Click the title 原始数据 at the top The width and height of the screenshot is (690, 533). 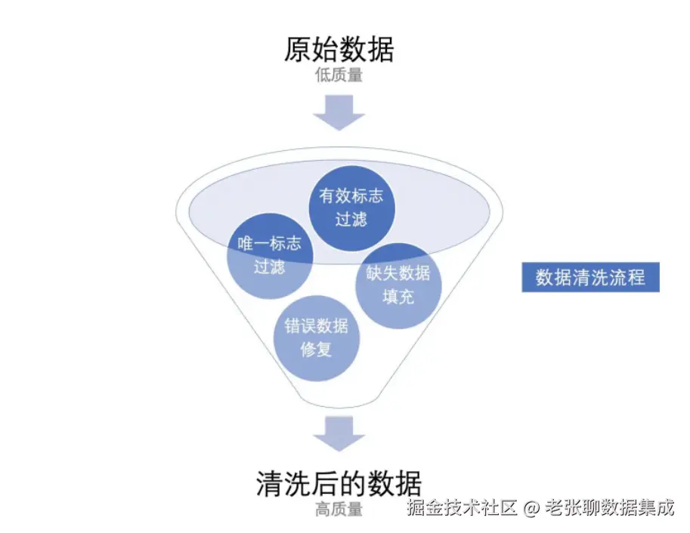pyautogui.click(x=339, y=51)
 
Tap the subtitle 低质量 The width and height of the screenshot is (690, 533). pyautogui.click(x=339, y=75)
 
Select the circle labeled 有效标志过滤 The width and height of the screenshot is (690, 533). pyautogui.click(x=351, y=207)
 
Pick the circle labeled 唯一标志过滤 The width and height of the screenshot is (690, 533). pyautogui.click(x=270, y=255)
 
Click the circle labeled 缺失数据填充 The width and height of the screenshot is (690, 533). pyautogui.click(x=398, y=285)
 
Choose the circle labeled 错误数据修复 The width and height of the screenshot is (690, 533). pyautogui.click(x=316, y=337)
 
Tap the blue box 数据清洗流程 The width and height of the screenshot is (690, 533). pyautogui.click(x=590, y=277)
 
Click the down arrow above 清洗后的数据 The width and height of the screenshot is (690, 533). pyautogui.click(x=339, y=433)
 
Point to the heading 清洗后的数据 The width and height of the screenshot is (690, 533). pyautogui.click(x=339, y=483)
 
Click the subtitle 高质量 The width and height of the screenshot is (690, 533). pyautogui.click(x=339, y=510)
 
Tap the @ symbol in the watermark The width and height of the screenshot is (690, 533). pyautogui.click(x=531, y=508)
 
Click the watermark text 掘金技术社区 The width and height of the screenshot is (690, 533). pyautogui.click(x=462, y=508)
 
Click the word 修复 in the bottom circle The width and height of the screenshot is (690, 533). pyautogui.click(x=316, y=350)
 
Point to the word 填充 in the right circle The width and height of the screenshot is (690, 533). pyautogui.click(x=398, y=297)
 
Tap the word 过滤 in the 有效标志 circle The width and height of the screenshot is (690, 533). pyautogui.click(x=351, y=219)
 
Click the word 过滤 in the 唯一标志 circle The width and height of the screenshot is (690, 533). pyautogui.click(x=270, y=266)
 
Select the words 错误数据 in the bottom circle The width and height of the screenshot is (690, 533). pyautogui.click(x=316, y=326)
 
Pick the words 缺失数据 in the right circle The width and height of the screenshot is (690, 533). pyautogui.click(x=398, y=273)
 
